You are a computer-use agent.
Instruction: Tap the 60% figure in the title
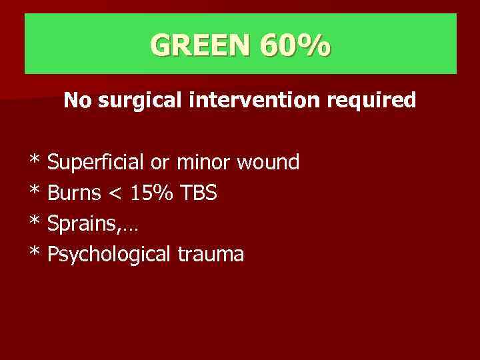tap(296, 45)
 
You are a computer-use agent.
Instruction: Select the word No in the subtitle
tap(75, 101)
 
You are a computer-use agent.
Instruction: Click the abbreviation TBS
tap(197, 193)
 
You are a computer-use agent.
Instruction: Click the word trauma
tap(211, 255)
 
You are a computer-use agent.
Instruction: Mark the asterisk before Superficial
tap(34, 160)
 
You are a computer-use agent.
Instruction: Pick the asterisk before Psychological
tap(34, 252)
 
